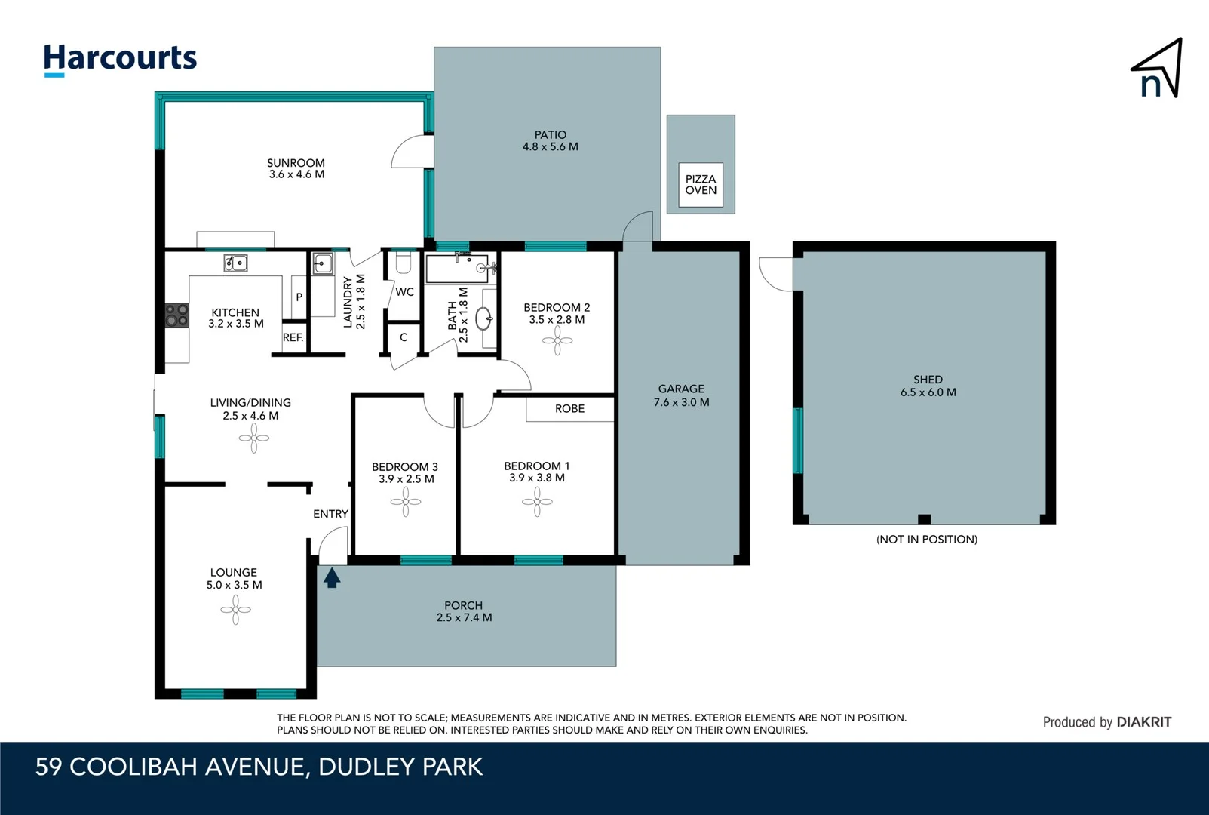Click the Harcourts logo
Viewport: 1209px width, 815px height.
pyautogui.click(x=120, y=59)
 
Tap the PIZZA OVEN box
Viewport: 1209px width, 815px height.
pyautogui.click(x=701, y=185)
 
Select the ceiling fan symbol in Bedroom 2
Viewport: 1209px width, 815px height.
pyautogui.click(x=557, y=341)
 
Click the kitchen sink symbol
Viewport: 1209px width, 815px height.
pyautogui.click(x=235, y=263)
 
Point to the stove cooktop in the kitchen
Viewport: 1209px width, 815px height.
pyautogui.click(x=176, y=315)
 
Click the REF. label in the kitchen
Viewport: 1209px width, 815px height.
pyautogui.click(x=293, y=337)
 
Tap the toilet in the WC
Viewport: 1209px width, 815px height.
pyautogui.click(x=404, y=263)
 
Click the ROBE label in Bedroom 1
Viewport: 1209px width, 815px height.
pyautogui.click(x=569, y=408)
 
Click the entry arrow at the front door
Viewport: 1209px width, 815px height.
pyautogui.click(x=332, y=578)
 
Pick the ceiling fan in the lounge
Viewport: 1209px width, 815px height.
pyautogui.click(x=235, y=610)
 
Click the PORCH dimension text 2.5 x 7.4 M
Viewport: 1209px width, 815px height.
pyautogui.click(x=464, y=617)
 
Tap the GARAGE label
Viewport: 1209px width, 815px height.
pyautogui.click(x=681, y=389)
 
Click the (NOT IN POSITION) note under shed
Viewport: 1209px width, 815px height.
pyautogui.click(x=926, y=539)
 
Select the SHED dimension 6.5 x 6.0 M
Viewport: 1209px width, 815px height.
pyautogui.click(x=928, y=392)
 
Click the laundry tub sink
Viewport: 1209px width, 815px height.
pyautogui.click(x=323, y=263)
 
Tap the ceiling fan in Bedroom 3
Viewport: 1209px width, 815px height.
pyautogui.click(x=406, y=502)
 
